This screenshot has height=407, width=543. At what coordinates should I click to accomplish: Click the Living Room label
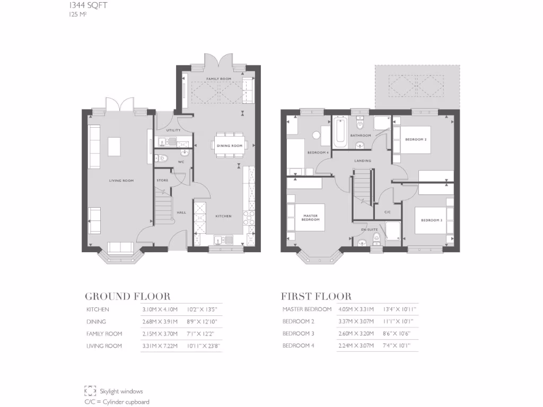coord(121,181)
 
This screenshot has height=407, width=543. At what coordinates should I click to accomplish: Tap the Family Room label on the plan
coord(219,79)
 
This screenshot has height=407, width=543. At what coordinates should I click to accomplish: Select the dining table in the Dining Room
coord(229,145)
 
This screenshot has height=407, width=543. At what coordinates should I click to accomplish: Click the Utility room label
coord(173,130)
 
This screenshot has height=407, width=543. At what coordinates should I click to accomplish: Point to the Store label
coord(162,180)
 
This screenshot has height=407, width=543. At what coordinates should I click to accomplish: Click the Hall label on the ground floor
coord(181,213)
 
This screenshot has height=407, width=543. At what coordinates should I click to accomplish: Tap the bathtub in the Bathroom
coord(340,131)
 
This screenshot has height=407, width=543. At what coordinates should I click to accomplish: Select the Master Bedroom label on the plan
coord(310,217)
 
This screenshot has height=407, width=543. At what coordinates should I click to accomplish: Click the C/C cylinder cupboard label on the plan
coord(387,212)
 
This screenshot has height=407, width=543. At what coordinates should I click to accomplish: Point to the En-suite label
coord(369,229)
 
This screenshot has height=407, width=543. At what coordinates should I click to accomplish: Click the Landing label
coord(363,161)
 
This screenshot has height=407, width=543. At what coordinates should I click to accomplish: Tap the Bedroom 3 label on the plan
coord(431,220)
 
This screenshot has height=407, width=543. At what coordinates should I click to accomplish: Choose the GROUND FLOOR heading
coord(127,296)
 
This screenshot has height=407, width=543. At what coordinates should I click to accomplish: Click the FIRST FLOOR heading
coord(316,296)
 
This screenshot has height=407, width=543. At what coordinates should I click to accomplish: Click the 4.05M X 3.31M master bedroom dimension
coord(356,309)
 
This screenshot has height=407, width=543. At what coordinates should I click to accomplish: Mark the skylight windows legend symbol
coord(90,391)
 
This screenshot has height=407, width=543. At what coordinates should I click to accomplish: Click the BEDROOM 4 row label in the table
coord(299,346)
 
